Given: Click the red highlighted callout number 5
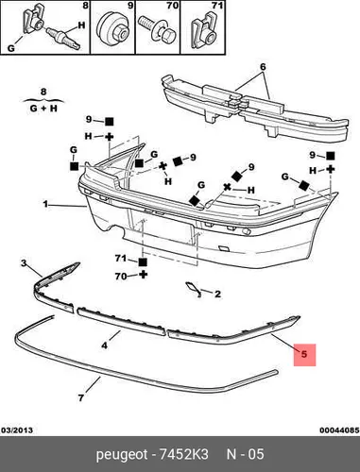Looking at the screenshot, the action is click(304, 354).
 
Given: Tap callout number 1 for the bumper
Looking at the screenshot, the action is click(45, 204).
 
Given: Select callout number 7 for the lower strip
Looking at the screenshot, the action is click(81, 398).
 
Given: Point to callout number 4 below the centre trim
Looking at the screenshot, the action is click(104, 346).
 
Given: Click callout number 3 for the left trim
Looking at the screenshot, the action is click(24, 263).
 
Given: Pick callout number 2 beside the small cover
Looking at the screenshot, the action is click(217, 295).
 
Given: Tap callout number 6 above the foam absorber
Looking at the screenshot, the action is click(263, 67).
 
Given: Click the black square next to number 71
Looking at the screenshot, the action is click(143, 262).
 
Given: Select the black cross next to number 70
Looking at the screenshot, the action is click(143, 275).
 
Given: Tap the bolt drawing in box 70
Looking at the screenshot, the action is click(157, 31).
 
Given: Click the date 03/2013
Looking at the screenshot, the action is click(17, 430).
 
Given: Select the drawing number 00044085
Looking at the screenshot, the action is click(339, 430).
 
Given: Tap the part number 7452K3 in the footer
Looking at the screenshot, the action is click(184, 455).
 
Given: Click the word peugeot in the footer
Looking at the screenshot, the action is click(122, 455).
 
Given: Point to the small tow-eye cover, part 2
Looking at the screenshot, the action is click(193, 289).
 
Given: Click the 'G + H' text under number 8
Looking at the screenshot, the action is click(43, 109).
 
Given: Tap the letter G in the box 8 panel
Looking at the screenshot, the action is click(11, 48).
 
